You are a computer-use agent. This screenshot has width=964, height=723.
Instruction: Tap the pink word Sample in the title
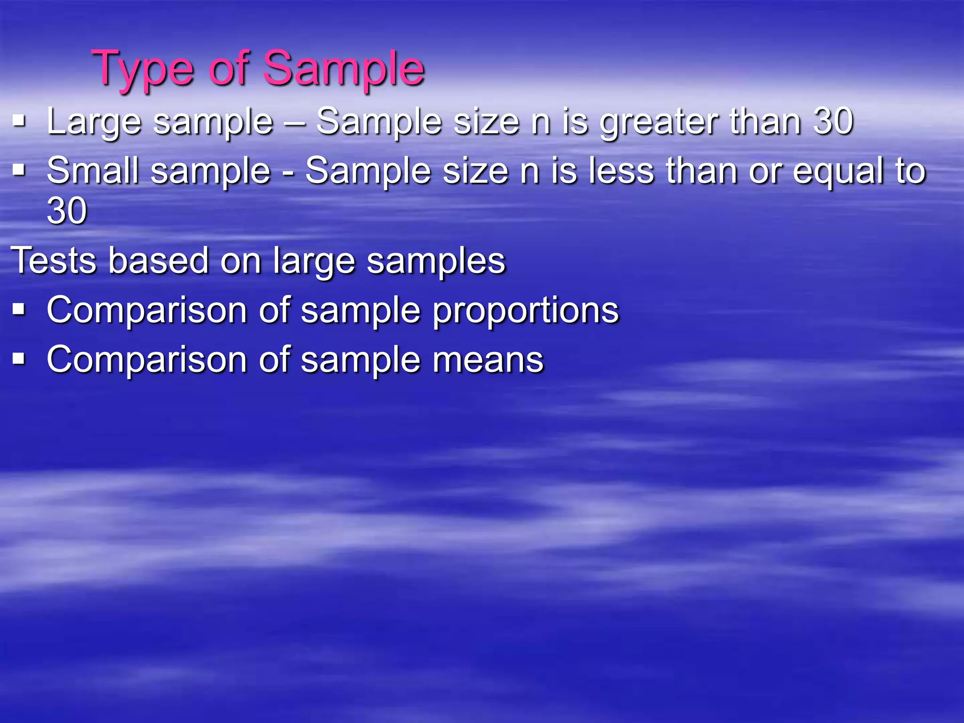pyautogui.click(x=344, y=69)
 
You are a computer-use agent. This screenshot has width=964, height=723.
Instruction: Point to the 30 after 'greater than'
pyautogui.click(x=833, y=121)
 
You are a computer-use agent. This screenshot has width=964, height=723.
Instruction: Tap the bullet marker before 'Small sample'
pyautogui.click(x=19, y=169)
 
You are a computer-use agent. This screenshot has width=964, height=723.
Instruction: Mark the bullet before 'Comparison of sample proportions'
pyautogui.click(x=19, y=309)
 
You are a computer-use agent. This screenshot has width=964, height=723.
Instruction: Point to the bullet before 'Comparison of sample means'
pyautogui.click(x=19, y=359)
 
